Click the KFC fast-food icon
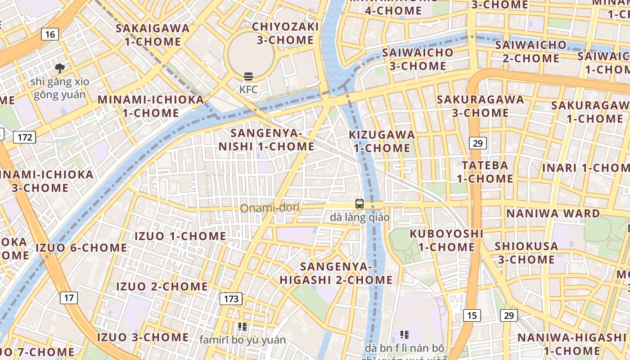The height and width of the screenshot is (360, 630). [248, 76]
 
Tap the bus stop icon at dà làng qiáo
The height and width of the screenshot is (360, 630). [359, 204]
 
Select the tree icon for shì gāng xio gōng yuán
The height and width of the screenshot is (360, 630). [59, 68]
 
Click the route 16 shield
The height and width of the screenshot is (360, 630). [50, 34]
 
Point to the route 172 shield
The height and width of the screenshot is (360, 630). [24, 137]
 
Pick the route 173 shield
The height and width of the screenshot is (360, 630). [231, 298]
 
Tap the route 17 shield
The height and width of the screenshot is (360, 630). [68, 297]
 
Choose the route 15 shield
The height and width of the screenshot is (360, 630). [471, 315]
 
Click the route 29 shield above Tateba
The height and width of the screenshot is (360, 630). [477, 143]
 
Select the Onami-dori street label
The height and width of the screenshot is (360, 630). [270, 208]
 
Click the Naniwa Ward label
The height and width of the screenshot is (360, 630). [553, 213]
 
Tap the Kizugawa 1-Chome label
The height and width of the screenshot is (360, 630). [382, 141]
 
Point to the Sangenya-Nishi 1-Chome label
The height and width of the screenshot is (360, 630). [266, 139]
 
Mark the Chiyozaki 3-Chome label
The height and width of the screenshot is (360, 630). [285, 33]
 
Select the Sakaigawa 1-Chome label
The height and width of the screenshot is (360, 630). [153, 35]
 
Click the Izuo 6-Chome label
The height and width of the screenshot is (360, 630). [81, 247]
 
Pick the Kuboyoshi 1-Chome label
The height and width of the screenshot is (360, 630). [446, 240]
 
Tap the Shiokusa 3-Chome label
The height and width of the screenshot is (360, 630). [526, 253]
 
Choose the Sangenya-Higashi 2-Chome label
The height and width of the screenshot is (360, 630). [336, 273]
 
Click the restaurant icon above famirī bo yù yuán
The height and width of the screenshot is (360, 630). [243, 327]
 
